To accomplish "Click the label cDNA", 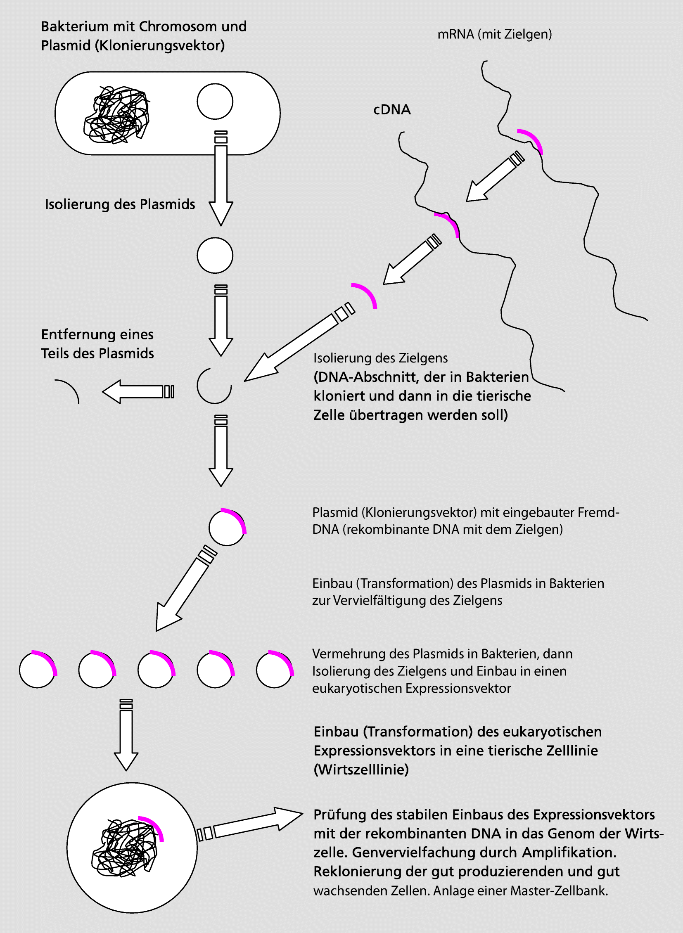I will [391, 109].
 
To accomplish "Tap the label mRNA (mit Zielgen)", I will [494, 34].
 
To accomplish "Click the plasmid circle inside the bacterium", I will [215, 101].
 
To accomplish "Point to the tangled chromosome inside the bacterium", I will [116, 115].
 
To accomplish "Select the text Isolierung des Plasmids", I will [120, 204].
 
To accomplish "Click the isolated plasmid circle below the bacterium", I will [215, 256].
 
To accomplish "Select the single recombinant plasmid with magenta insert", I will [227, 527].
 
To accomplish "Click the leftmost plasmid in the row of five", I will [38, 669].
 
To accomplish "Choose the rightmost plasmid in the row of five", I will [274, 669].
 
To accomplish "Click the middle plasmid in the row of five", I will [156, 669].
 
